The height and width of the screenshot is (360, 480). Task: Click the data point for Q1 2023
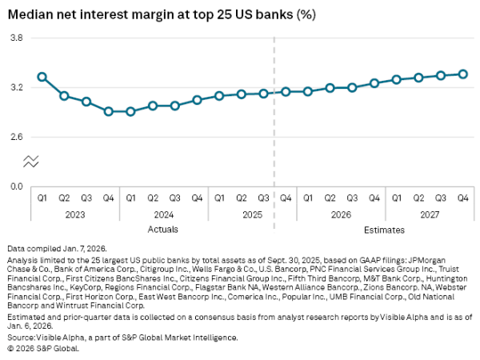tap(42, 77)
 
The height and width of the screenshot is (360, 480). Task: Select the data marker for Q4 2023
tap(108, 111)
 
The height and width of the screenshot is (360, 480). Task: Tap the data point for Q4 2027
tap(462, 74)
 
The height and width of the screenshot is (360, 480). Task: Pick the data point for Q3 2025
tap(263, 94)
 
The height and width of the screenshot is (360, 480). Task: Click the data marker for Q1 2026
tap(308, 91)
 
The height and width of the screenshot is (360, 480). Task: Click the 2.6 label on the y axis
tap(16, 137)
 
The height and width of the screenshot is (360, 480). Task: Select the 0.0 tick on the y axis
tap(16, 186)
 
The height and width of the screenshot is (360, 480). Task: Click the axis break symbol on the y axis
tap(30, 161)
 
